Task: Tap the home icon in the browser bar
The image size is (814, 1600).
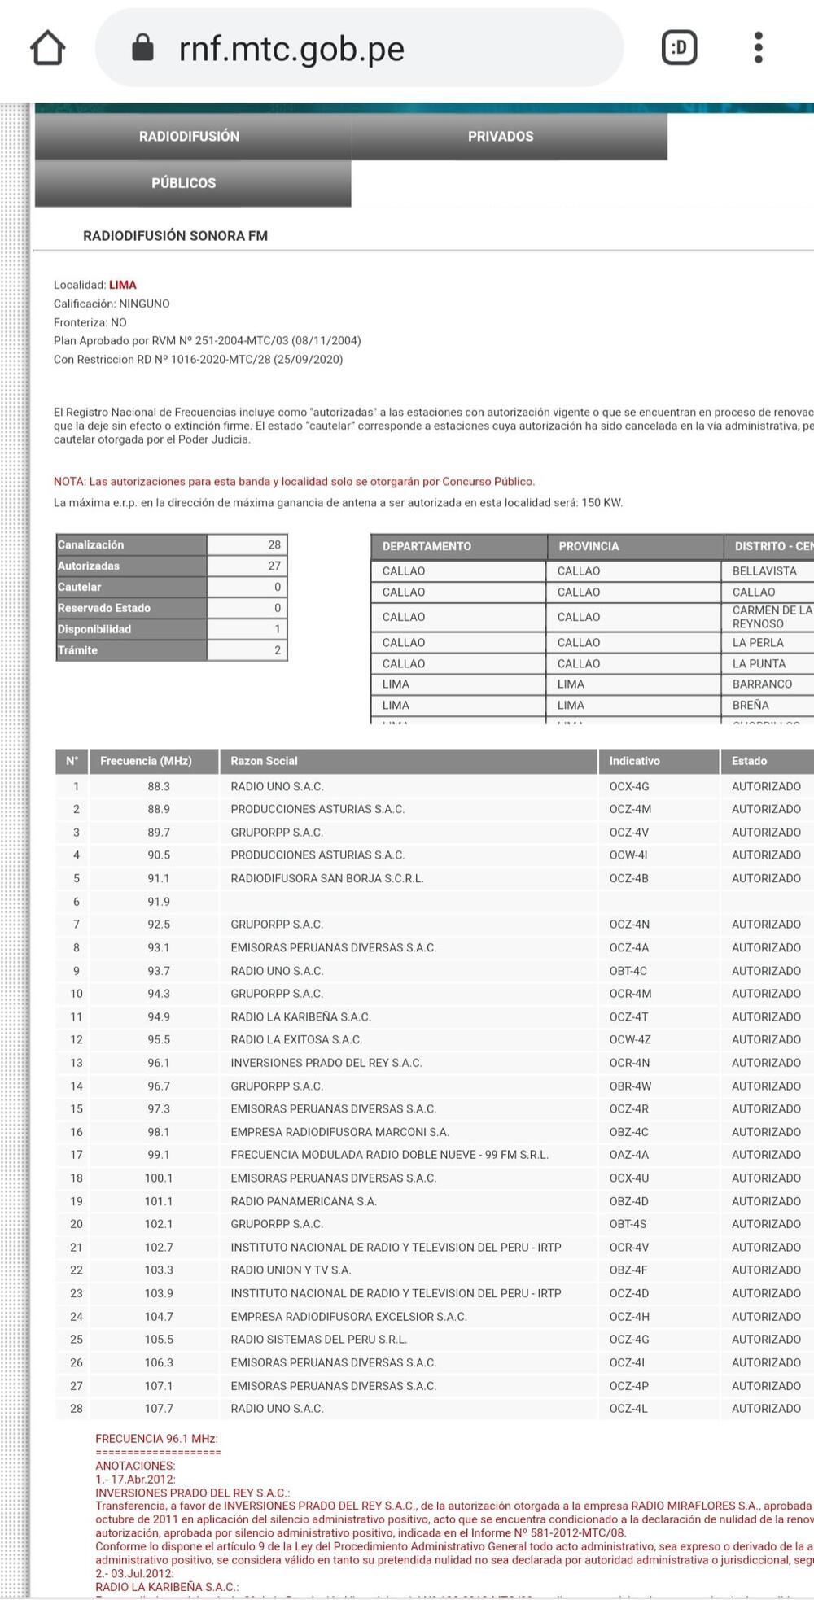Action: pyautogui.click(x=48, y=48)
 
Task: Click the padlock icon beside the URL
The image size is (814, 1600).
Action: pyautogui.click(x=142, y=48)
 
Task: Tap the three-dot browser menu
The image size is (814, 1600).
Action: pyautogui.click(x=758, y=48)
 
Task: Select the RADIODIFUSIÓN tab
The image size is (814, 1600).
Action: pyautogui.click(x=189, y=137)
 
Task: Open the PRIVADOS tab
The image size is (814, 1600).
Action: pyautogui.click(x=501, y=137)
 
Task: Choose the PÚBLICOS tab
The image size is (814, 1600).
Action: pyautogui.click(x=184, y=183)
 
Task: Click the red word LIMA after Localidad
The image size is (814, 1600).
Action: pyautogui.click(x=123, y=285)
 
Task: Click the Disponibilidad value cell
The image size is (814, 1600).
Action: pyautogui.click(x=247, y=629)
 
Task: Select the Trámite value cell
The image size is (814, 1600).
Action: pyautogui.click(x=247, y=650)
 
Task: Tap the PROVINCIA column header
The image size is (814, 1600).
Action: pyautogui.click(x=589, y=546)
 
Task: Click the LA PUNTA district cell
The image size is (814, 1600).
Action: pyautogui.click(x=759, y=663)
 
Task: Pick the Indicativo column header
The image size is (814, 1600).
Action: pyautogui.click(x=634, y=761)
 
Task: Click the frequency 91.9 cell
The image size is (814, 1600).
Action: pyautogui.click(x=159, y=902)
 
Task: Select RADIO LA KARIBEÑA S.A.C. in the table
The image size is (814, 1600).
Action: pyautogui.click(x=300, y=1016)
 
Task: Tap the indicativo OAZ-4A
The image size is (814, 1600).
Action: pyautogui.click(x=628, y=1155)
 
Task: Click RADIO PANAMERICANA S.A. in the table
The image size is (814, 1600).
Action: pyautogui.click(x=303, y=1201)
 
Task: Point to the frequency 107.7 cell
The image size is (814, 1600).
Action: pyautogui.click(x=159, y=1409)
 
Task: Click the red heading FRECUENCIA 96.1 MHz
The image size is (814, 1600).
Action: pyautogui.click(x=156, y=1439)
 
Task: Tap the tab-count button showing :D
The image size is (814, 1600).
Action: pyautogui.click(x=679, y=48)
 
